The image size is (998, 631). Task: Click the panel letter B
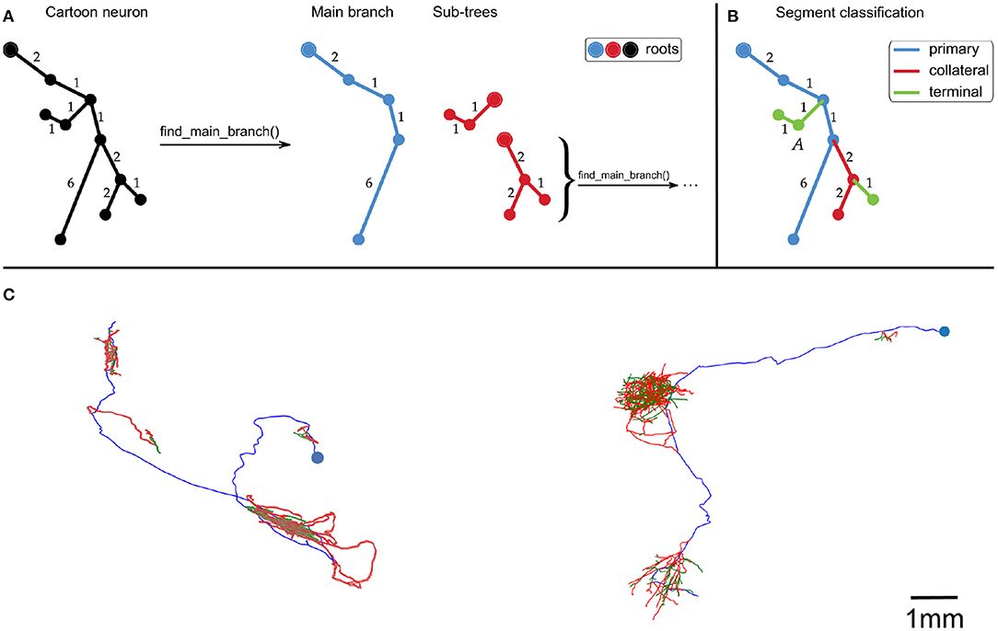coord(732,14)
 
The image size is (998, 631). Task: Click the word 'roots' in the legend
coord(658,50)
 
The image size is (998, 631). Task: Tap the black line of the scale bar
coord(933,595)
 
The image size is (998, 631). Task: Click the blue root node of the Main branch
coord(308,49)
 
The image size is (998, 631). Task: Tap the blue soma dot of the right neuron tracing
coord(944,331)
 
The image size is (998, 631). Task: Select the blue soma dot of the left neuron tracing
coord(318,457)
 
